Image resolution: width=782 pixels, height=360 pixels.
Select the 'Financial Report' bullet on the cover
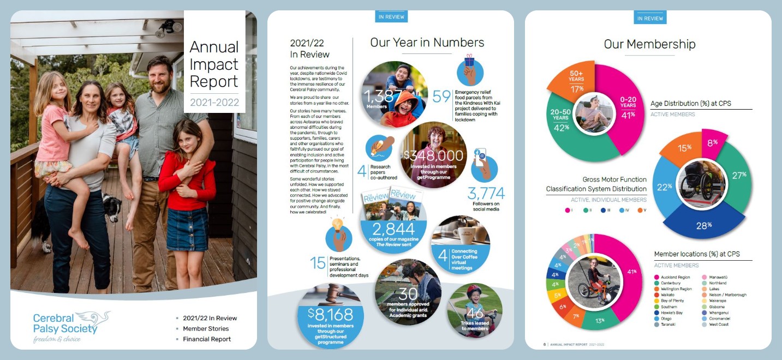coord(206,339)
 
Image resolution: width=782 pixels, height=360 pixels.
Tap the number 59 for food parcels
coord(441,97)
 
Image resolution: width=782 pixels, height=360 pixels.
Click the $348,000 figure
coord(434,156)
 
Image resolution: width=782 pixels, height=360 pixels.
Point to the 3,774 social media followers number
coord(486,193)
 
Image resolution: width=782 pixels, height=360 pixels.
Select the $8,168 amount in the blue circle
coord(330,315)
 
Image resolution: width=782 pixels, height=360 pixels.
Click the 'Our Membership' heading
coord(649,44)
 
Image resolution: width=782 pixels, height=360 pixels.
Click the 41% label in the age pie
coord(628,115)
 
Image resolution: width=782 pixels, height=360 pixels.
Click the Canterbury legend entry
coord(672,283)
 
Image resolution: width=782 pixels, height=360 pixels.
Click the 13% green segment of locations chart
coord(600,320)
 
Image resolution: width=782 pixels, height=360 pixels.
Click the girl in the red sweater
coord(184,180)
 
